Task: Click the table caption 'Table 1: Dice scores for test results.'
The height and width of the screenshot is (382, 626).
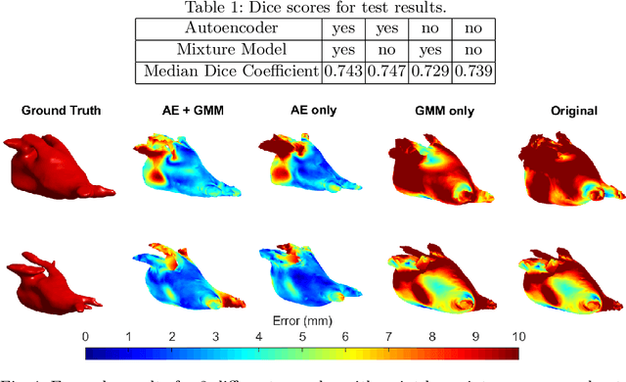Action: (x=312, y=8)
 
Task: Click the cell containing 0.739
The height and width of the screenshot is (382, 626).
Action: (x=451, y=71)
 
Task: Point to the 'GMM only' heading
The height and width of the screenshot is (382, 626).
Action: (x=433, y=112)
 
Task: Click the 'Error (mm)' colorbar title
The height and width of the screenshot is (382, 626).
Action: (x=301, y=319)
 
